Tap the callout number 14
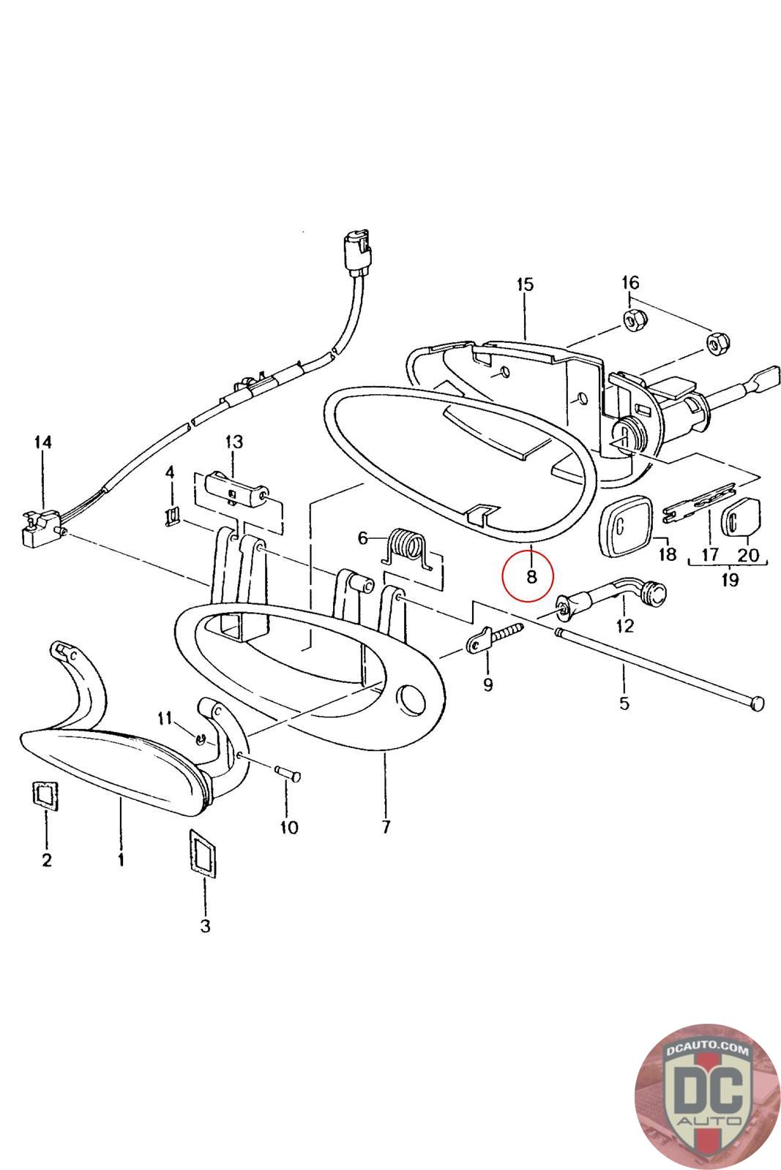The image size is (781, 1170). [x=42, y=442]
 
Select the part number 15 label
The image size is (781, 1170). [x=525, y=284]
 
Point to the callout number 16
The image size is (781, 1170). [x=629, y=282]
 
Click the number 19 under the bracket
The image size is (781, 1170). [x=729, y=580]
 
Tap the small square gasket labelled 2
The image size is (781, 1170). [x=45, y=796]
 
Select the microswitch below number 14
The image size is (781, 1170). [x=40, y=524]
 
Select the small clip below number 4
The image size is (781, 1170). [x=171, y=516]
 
